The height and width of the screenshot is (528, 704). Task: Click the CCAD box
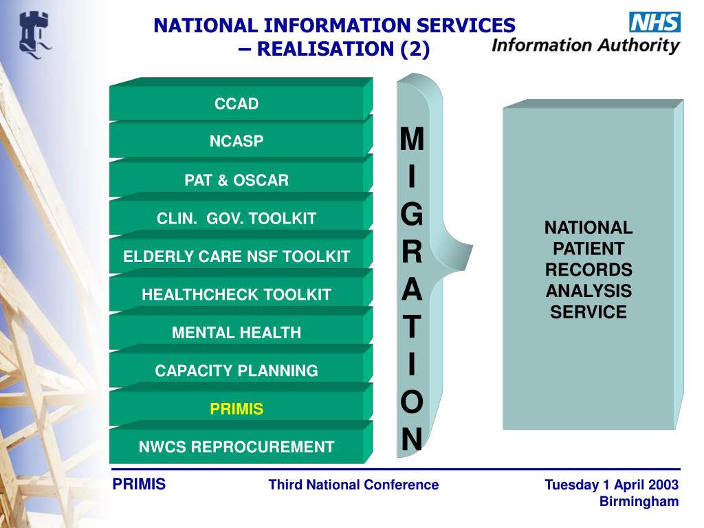[x=236, y=104]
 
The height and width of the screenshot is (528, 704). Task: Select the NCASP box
[x=236, y=142]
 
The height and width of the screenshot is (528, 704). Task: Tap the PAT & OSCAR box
[x=236, y=180]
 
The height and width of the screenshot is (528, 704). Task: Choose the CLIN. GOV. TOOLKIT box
[x=236, y=219]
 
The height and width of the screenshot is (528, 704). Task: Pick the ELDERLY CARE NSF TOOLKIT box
[x=236, y=257]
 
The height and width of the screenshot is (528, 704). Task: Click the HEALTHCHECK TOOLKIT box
[x=236, y=295]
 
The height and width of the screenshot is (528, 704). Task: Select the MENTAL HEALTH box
[x=236, y=333]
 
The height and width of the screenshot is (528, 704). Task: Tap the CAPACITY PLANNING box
[x=236, y=371]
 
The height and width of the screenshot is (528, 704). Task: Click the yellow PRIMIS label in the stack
[x=236, y=409]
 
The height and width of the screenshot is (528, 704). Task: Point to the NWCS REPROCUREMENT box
[x=236, y=447]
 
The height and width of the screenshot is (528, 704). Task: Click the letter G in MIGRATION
[x=412, y=215]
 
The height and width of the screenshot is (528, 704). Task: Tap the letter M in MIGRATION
[x=412, y=140]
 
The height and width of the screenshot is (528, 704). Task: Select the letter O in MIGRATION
[x=412, y=402]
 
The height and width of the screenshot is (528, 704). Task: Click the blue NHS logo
[x=654, y=22]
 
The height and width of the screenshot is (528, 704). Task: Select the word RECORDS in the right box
[x=588, y=269]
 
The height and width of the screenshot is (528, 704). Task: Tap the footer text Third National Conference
[x=353, y=485]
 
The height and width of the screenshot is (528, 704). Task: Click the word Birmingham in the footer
[x=639, y=501]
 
